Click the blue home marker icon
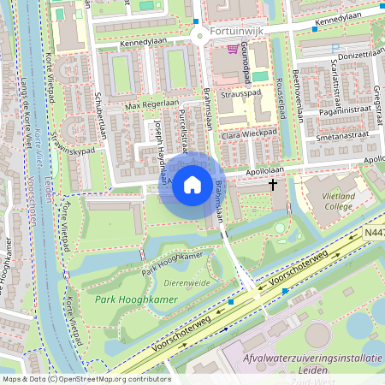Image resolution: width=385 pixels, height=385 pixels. coord(192,185)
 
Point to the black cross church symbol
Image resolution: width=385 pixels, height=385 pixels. coord(273,184)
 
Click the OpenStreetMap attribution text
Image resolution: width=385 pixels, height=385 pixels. coord(86,378)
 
